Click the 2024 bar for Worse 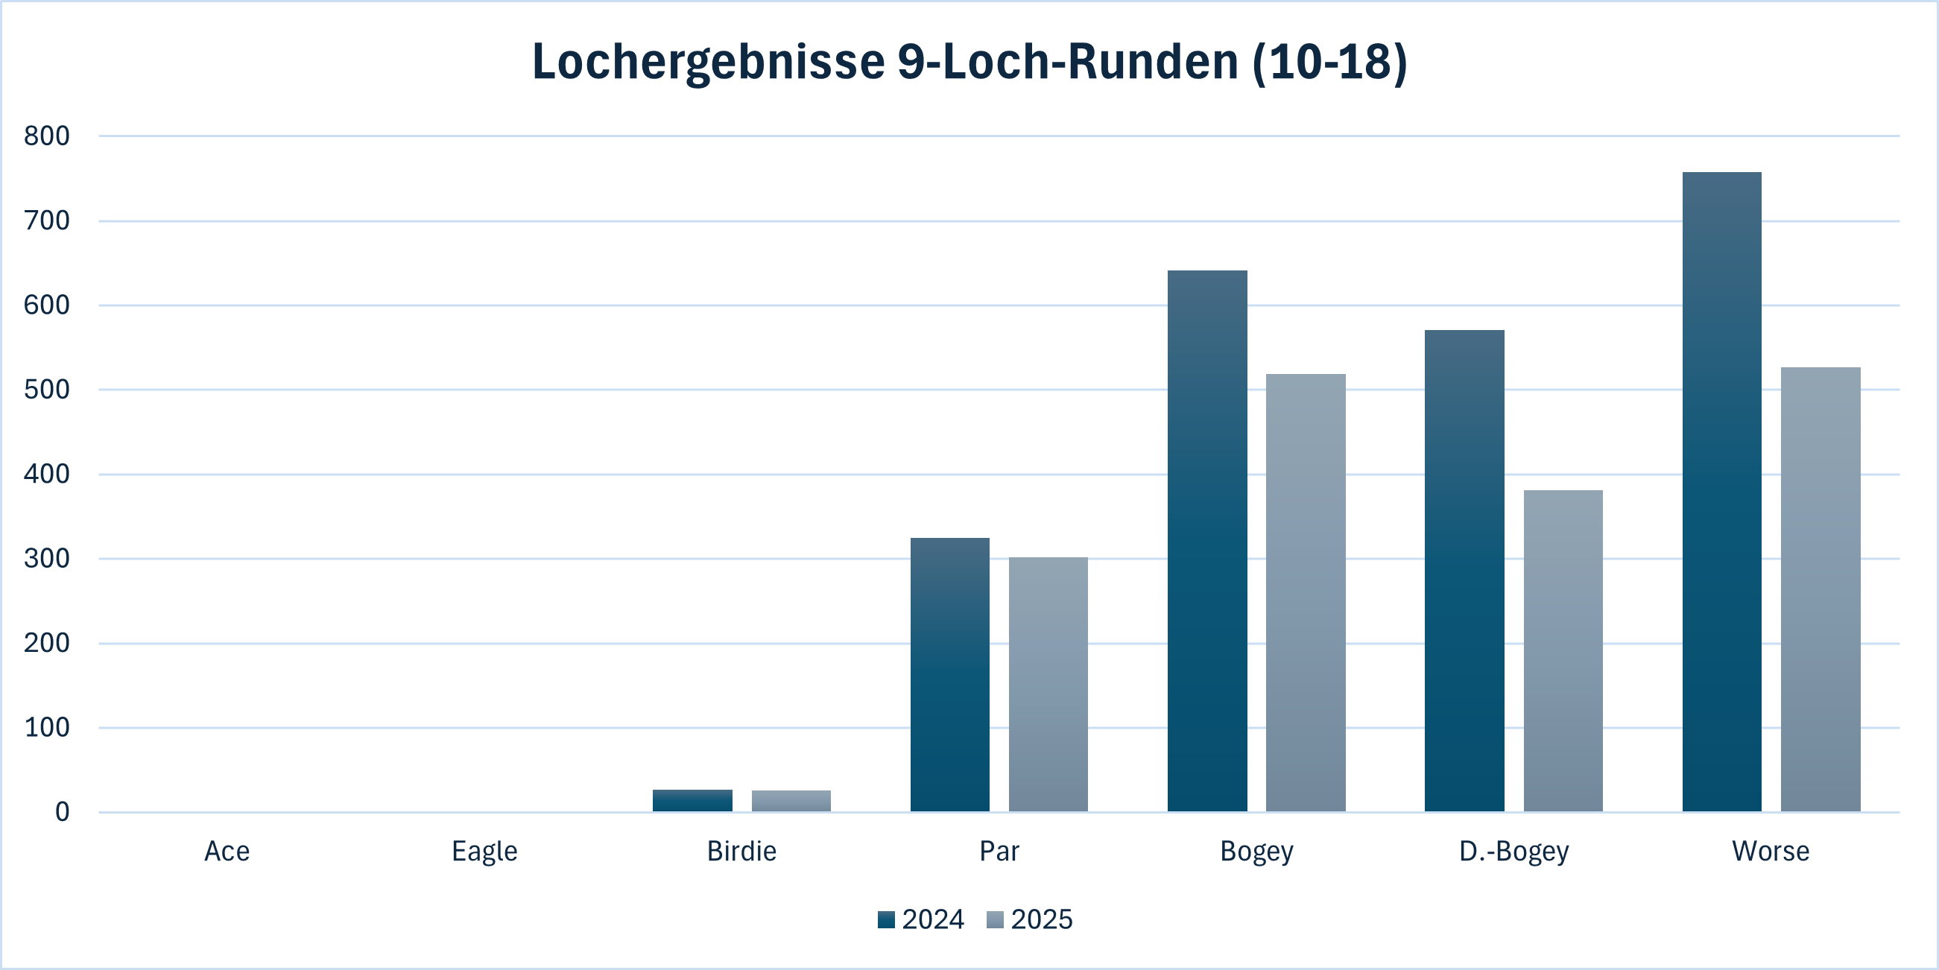click(x=1721, y=492)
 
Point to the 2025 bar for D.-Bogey click(x=1563, y=650)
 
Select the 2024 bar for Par click(x=950, y=674)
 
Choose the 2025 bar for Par click(x=1048, y=684)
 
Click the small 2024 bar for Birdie click(x=692, y=800)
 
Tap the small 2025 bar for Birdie click(x=791, y=801)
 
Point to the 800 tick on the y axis click(x=47, y=136)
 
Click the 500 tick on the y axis click(x=47, y=390)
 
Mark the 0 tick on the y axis click(x=62, y=812)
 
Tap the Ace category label click(x=227, y=851)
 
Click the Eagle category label click(x=484, y=851)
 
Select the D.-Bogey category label click(x=1513, y=851)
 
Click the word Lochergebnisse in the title click(x=707, y=62)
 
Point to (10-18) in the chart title click(x=1329, y=62)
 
